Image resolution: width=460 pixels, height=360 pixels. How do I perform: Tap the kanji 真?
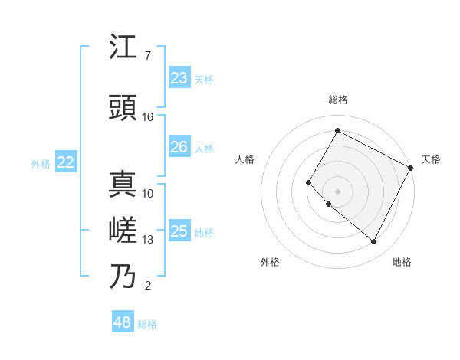click(x=123, y=185)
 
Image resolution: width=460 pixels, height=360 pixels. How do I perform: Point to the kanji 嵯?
click(x=123, y=231)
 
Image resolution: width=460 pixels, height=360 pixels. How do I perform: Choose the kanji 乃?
click(x=123, y=277)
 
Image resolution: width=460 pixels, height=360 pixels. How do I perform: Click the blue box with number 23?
click(x=179, y=78)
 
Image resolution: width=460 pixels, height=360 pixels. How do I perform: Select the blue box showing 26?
click(x=179, y=147)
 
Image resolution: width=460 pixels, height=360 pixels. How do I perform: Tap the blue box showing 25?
click(x=179, y=231)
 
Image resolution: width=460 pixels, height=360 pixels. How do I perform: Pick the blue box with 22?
click(x=65, y=162)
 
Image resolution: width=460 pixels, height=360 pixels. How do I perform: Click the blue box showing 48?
click(x=122, y=322)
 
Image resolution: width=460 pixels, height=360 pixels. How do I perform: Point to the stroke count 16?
click(x=148, y=117)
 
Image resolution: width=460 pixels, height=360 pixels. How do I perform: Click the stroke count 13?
click(x=148, y=240)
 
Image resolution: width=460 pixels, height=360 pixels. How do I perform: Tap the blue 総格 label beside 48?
click(x=147, y=324)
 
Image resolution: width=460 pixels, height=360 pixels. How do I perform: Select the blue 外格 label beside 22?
click(x=41, y=163)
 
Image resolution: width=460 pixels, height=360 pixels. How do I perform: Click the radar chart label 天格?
click(x=431, y=159)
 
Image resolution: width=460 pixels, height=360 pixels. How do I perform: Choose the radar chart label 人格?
click(x=245, y=159)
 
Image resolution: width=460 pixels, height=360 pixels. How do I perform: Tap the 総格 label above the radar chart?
click(x=337, y=100)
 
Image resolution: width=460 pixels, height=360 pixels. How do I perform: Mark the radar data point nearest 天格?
click(x=410, y=168)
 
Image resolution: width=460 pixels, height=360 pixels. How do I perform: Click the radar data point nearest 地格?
click(x=374, y=242)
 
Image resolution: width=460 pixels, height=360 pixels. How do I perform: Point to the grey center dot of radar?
click(x=337, y=191)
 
